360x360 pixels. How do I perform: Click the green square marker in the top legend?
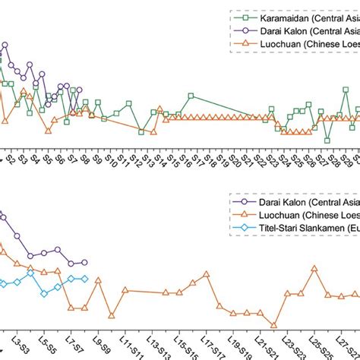click(245, 17)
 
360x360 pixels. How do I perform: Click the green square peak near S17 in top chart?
click(191, 96)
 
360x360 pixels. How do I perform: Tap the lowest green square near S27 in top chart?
click(327, 140)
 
